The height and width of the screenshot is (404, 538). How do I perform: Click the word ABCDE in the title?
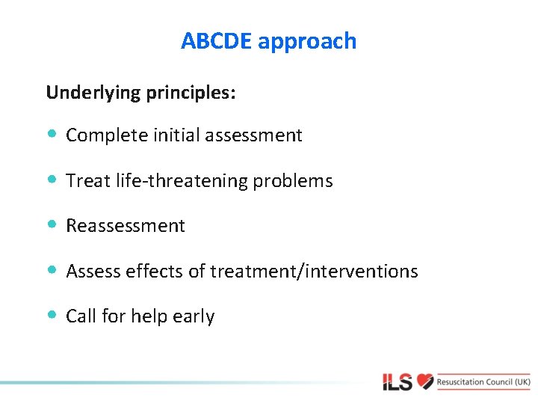[x=216, y=41]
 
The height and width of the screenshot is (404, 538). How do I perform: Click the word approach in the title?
[x=307, y=42]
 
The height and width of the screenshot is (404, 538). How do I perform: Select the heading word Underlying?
[x=92, y=93]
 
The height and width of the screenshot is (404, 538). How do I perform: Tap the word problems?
[x=297, y=181]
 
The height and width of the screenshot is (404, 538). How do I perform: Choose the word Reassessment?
[x=126, y=226]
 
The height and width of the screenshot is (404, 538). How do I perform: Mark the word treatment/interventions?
[x=314, y=271]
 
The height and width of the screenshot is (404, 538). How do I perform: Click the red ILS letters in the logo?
[x=397, y=382]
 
